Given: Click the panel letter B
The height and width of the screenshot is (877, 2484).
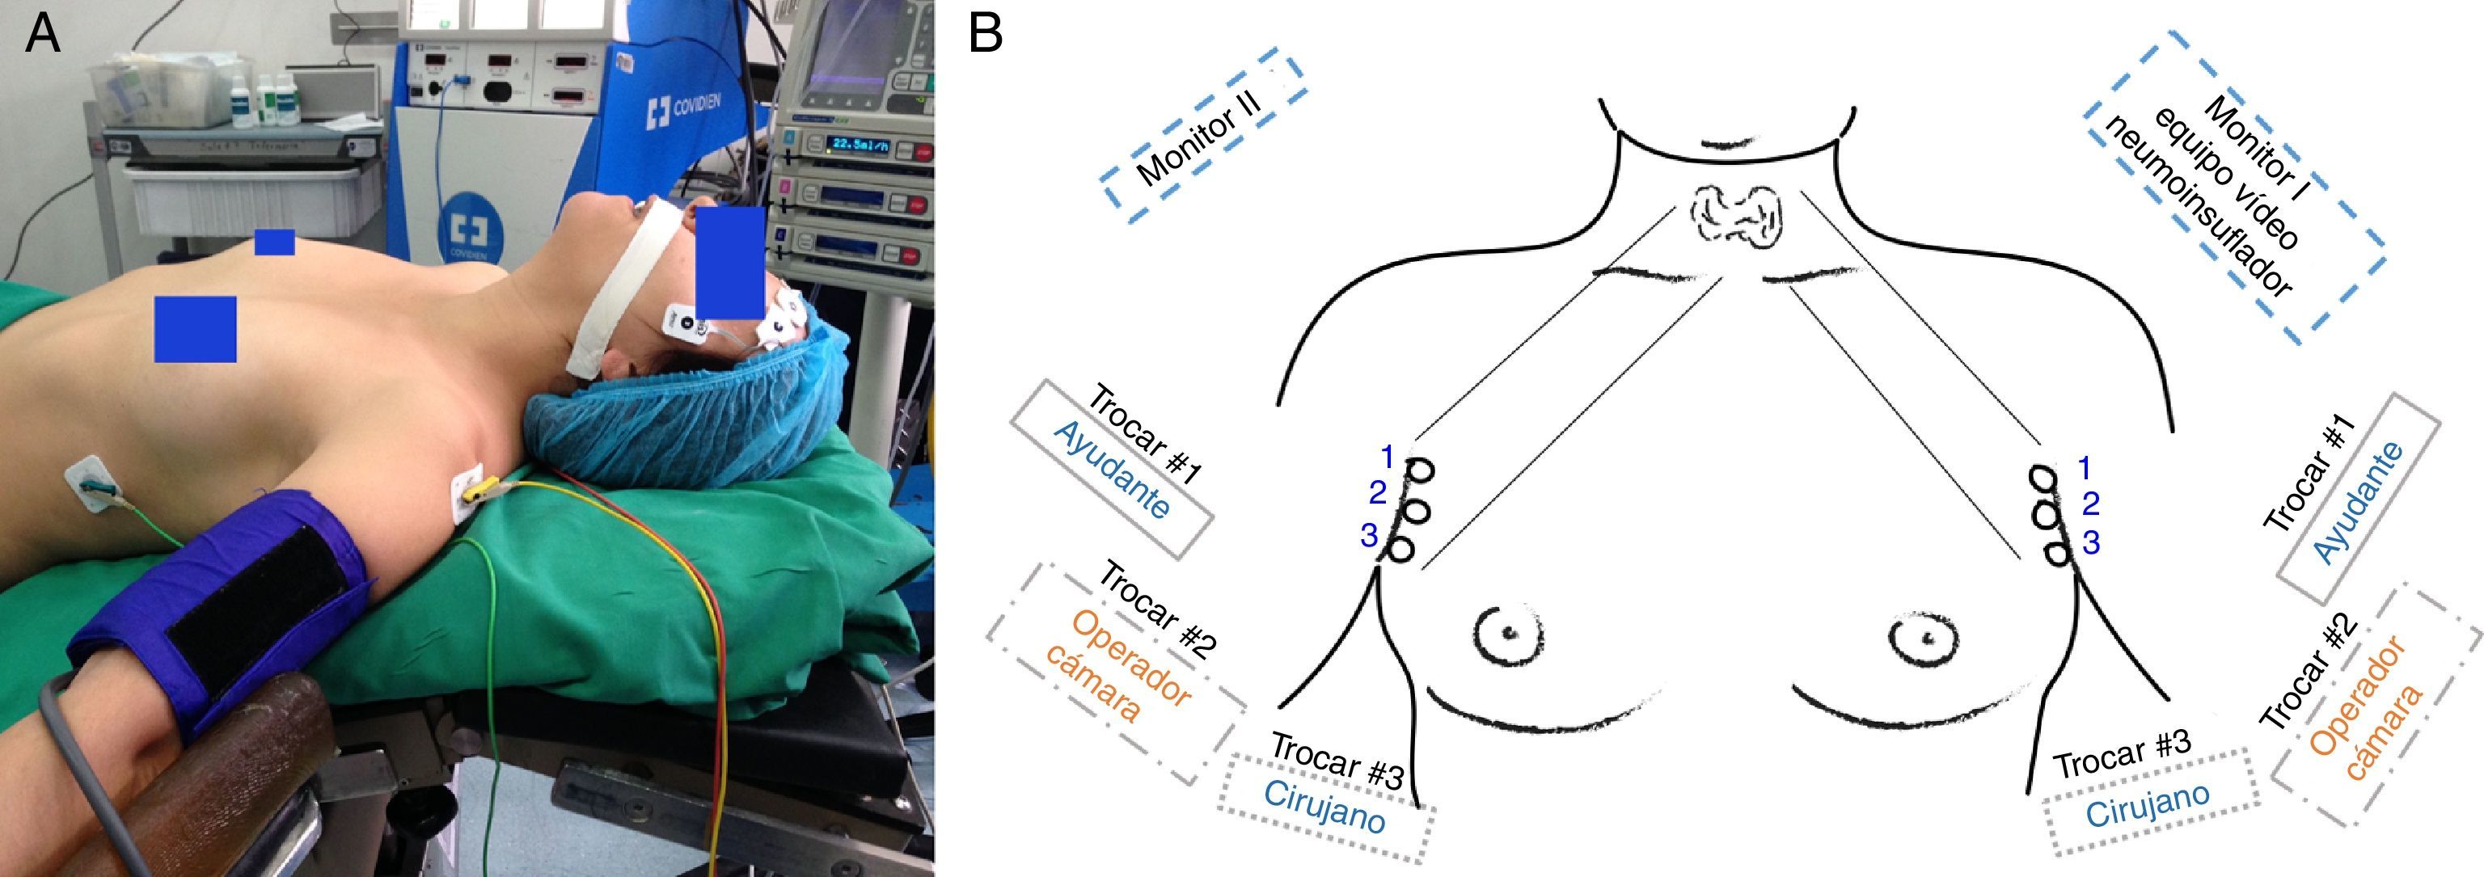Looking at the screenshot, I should tap(986, 36).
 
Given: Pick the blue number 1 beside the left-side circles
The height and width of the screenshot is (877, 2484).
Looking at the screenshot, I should tap(1387, 455).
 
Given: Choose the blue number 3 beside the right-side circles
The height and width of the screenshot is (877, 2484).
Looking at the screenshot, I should tap(2090, 542).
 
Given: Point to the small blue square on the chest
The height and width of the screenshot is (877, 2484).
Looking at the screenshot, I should tap(274, 242).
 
